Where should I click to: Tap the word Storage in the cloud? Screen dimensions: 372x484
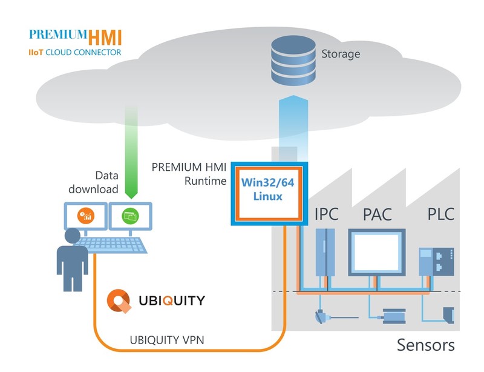click(340, 54)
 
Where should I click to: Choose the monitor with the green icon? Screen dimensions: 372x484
click(130, 216)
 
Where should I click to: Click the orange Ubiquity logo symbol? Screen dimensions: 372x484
click(117, 301)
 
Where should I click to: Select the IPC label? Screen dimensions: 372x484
click(327, 214)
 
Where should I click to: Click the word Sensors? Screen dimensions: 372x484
click(425, 346)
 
